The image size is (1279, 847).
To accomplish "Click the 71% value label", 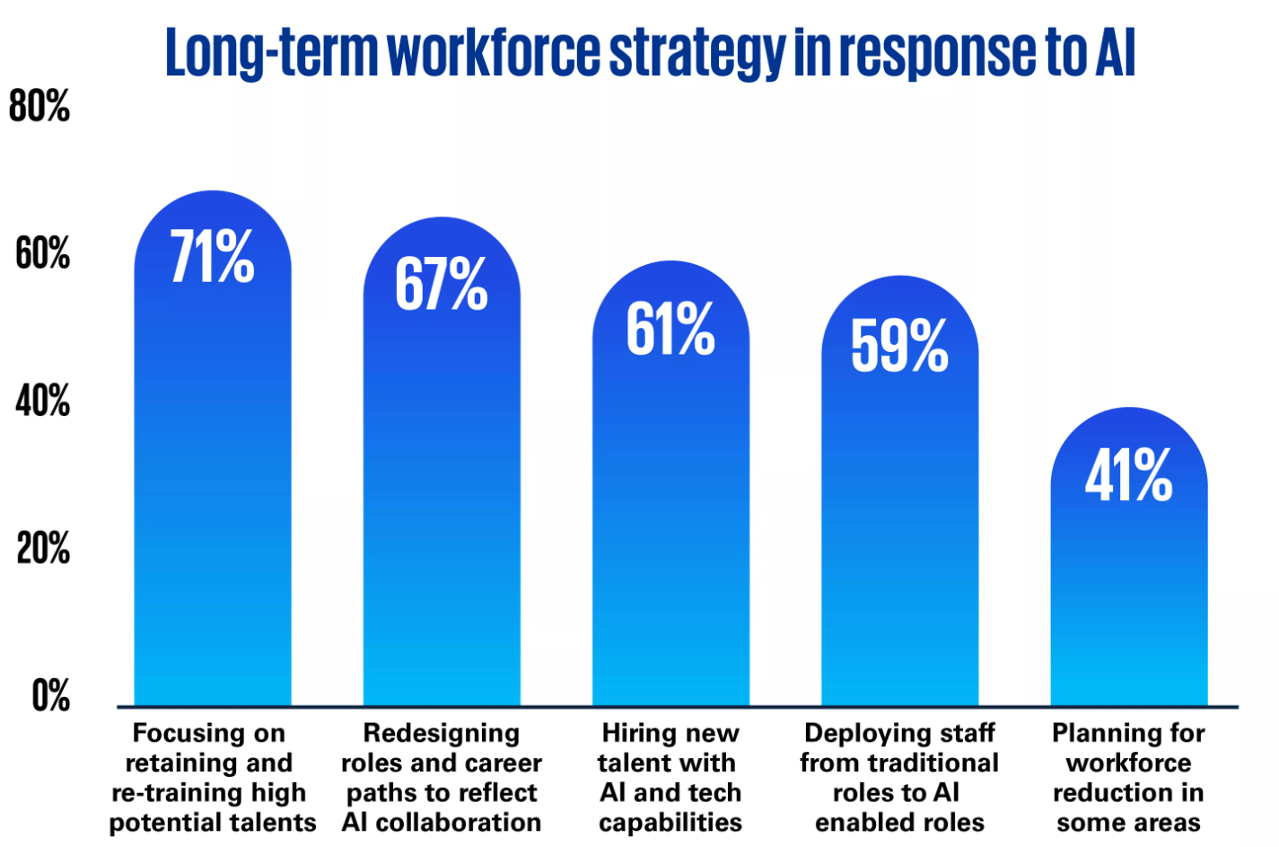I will click(x=213, y=257).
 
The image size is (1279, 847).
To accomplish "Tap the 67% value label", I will click(x=441, y=284).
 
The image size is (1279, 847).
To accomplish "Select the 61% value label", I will click(x=670, y=329).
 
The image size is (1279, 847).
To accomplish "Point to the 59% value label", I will click(x=899, y=345).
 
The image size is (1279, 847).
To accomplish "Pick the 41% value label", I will click(x=1128, y=475).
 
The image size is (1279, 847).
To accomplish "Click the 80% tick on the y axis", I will click(x=39, y=107).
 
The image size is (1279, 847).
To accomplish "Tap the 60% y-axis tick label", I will click(x=42, y=254).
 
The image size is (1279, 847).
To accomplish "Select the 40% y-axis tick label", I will click(x=42, y=401).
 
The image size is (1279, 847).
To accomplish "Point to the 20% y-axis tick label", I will click(x=42, y=548).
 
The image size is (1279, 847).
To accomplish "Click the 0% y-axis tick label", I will click(x=50, y=695).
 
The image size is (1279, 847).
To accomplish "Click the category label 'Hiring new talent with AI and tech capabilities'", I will click(x=670, y=777).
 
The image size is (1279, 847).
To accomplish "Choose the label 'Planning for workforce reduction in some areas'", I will click(x=1128, y=777).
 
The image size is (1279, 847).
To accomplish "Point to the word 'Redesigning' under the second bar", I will click(x=441, y=733).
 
